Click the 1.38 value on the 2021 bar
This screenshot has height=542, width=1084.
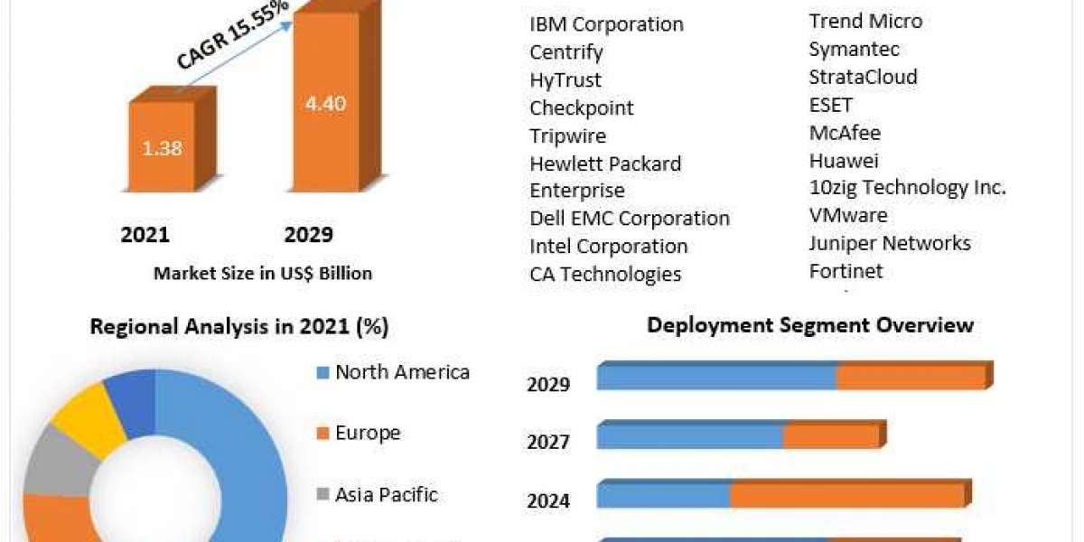click(x=162, y=148)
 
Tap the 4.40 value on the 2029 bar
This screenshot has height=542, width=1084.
click(x=324, y=103)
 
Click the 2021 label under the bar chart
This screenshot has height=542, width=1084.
click(x=145, y=235)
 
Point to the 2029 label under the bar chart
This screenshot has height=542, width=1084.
click(x=309, y=235)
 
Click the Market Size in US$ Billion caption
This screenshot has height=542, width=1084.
click(x=263, y=273)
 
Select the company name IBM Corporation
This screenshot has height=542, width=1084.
click(x=606, y=24)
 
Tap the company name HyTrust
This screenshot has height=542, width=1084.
click(x=565, y=80)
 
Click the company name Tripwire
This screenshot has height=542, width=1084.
click(x=567, y=136)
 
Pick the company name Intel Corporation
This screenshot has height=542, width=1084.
click(x=608, y=247)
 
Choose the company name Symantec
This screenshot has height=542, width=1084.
click(x=854, y=49)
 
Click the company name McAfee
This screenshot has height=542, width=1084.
click(x=845, y=133)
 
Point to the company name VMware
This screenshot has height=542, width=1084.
click(x=848, y=216)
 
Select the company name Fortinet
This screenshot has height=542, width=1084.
click(x=846, y=271)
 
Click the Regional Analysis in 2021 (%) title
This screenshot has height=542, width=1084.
click(x=239, y=327)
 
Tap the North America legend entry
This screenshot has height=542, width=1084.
click(x=402, y=372)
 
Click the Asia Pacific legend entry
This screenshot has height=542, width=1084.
click(x=386, y=495)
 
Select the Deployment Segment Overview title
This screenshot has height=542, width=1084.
click(x=810, y=325)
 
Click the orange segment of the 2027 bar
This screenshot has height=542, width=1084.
click(x=830, y=436)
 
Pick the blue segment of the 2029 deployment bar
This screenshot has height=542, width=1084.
click(x=716, y=378)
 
